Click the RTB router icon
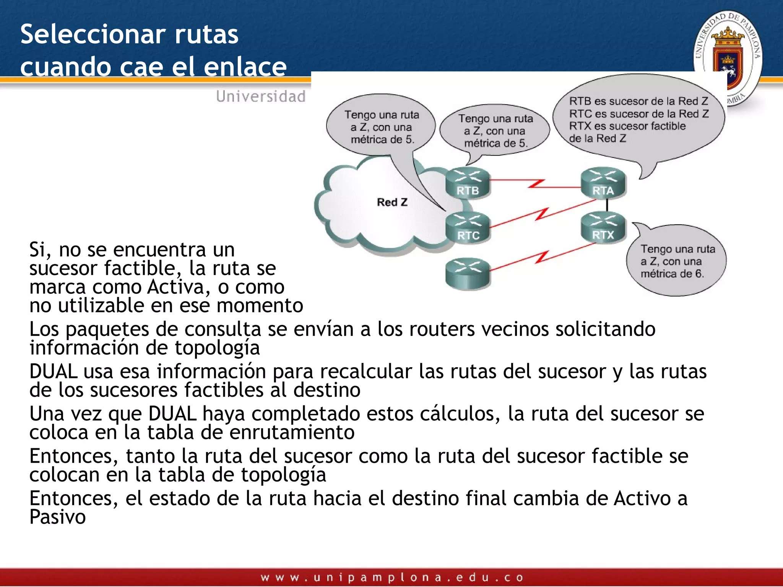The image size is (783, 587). pos(468,183)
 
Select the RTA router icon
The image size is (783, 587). pos(603,183)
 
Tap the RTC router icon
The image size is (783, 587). pos(468,228)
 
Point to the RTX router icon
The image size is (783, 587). pos(603,228)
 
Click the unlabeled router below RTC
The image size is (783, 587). pos(468,273)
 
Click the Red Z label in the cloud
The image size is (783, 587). pos(392,202)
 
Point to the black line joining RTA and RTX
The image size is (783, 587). pos(607,206)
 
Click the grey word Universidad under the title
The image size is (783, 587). pos(261,96)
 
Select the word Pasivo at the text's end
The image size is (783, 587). pos(57,517)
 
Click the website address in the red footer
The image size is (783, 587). pos(391,577)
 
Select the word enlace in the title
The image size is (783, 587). pos(245,67)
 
